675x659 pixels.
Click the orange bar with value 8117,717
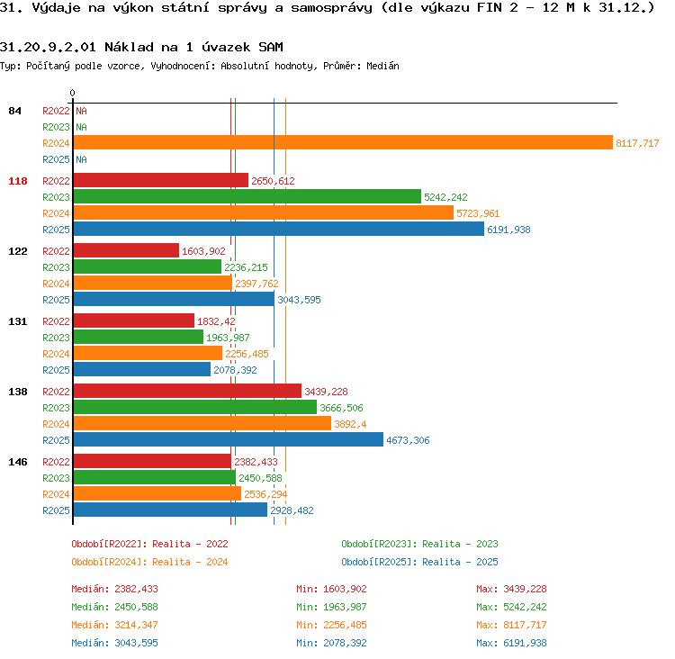[x=343, y=142]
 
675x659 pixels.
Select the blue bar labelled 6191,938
[x=279, y=230]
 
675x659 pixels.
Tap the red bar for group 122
[x=126, y=250]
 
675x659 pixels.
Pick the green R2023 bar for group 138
[x=195, y=408]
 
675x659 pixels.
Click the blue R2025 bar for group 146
[x=170, y=510]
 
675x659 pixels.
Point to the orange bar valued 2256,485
[x=148, y=353]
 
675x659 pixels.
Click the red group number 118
[x=18, y=181]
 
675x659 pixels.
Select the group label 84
[x=14, y=111]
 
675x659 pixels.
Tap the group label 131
[x=18, y=321]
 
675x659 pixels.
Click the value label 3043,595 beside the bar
[x=299, y=300]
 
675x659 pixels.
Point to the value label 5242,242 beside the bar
[x=445, y=197]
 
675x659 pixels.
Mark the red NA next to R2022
[x=81, y=111]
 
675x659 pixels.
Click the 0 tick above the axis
[x=72, y=93]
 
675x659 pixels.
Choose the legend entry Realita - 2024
[x=190, y=562]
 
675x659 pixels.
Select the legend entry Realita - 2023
[x=460, y=544]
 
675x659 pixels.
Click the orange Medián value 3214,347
[x=137, y=625]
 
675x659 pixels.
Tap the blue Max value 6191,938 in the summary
[x=526, y=643]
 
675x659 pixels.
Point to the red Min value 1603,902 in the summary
[x=346, y=589]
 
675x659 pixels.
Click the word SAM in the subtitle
[x=271, y=47]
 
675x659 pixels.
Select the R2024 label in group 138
[x=56, y=424]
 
